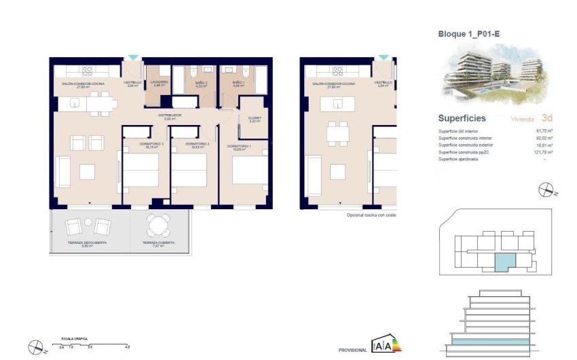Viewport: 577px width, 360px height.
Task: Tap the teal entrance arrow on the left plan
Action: pyautogui.click(x=133, y=58)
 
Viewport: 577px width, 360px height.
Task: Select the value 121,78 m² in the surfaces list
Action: pyautogui.click(x=542, y=152)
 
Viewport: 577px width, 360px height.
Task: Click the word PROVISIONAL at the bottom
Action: pyautogui.click(x=353, y=350)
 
